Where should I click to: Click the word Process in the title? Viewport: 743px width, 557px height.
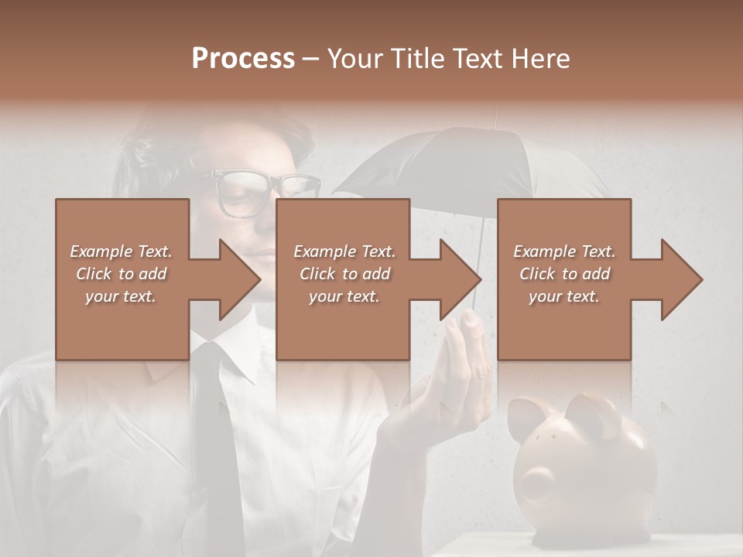click(243, 59)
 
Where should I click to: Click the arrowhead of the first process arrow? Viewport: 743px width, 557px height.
click(239, 280)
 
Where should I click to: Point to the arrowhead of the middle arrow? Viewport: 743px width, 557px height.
click(460, 280)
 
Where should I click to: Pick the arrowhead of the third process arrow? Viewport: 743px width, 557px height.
click(681, 280)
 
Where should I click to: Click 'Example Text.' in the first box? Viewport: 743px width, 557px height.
click(121, 251)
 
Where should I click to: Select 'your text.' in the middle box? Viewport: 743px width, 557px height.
click(344, 296)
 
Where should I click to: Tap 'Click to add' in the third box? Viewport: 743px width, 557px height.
click(564, 274)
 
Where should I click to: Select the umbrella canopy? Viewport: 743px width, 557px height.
click(464, 162)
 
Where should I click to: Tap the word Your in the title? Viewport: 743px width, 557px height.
click(355, 59)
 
